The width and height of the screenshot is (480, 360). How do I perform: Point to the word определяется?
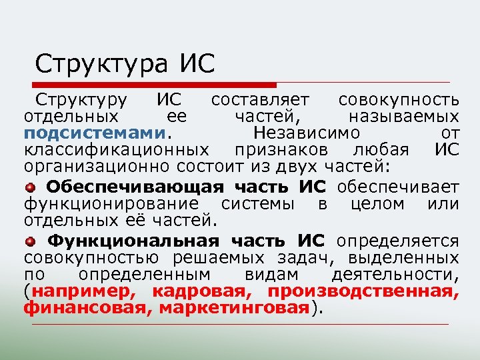click(x=398, y=241)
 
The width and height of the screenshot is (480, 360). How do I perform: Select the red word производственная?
click(x=363, y=291)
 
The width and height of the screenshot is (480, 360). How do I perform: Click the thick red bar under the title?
click(x=153, y=85)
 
